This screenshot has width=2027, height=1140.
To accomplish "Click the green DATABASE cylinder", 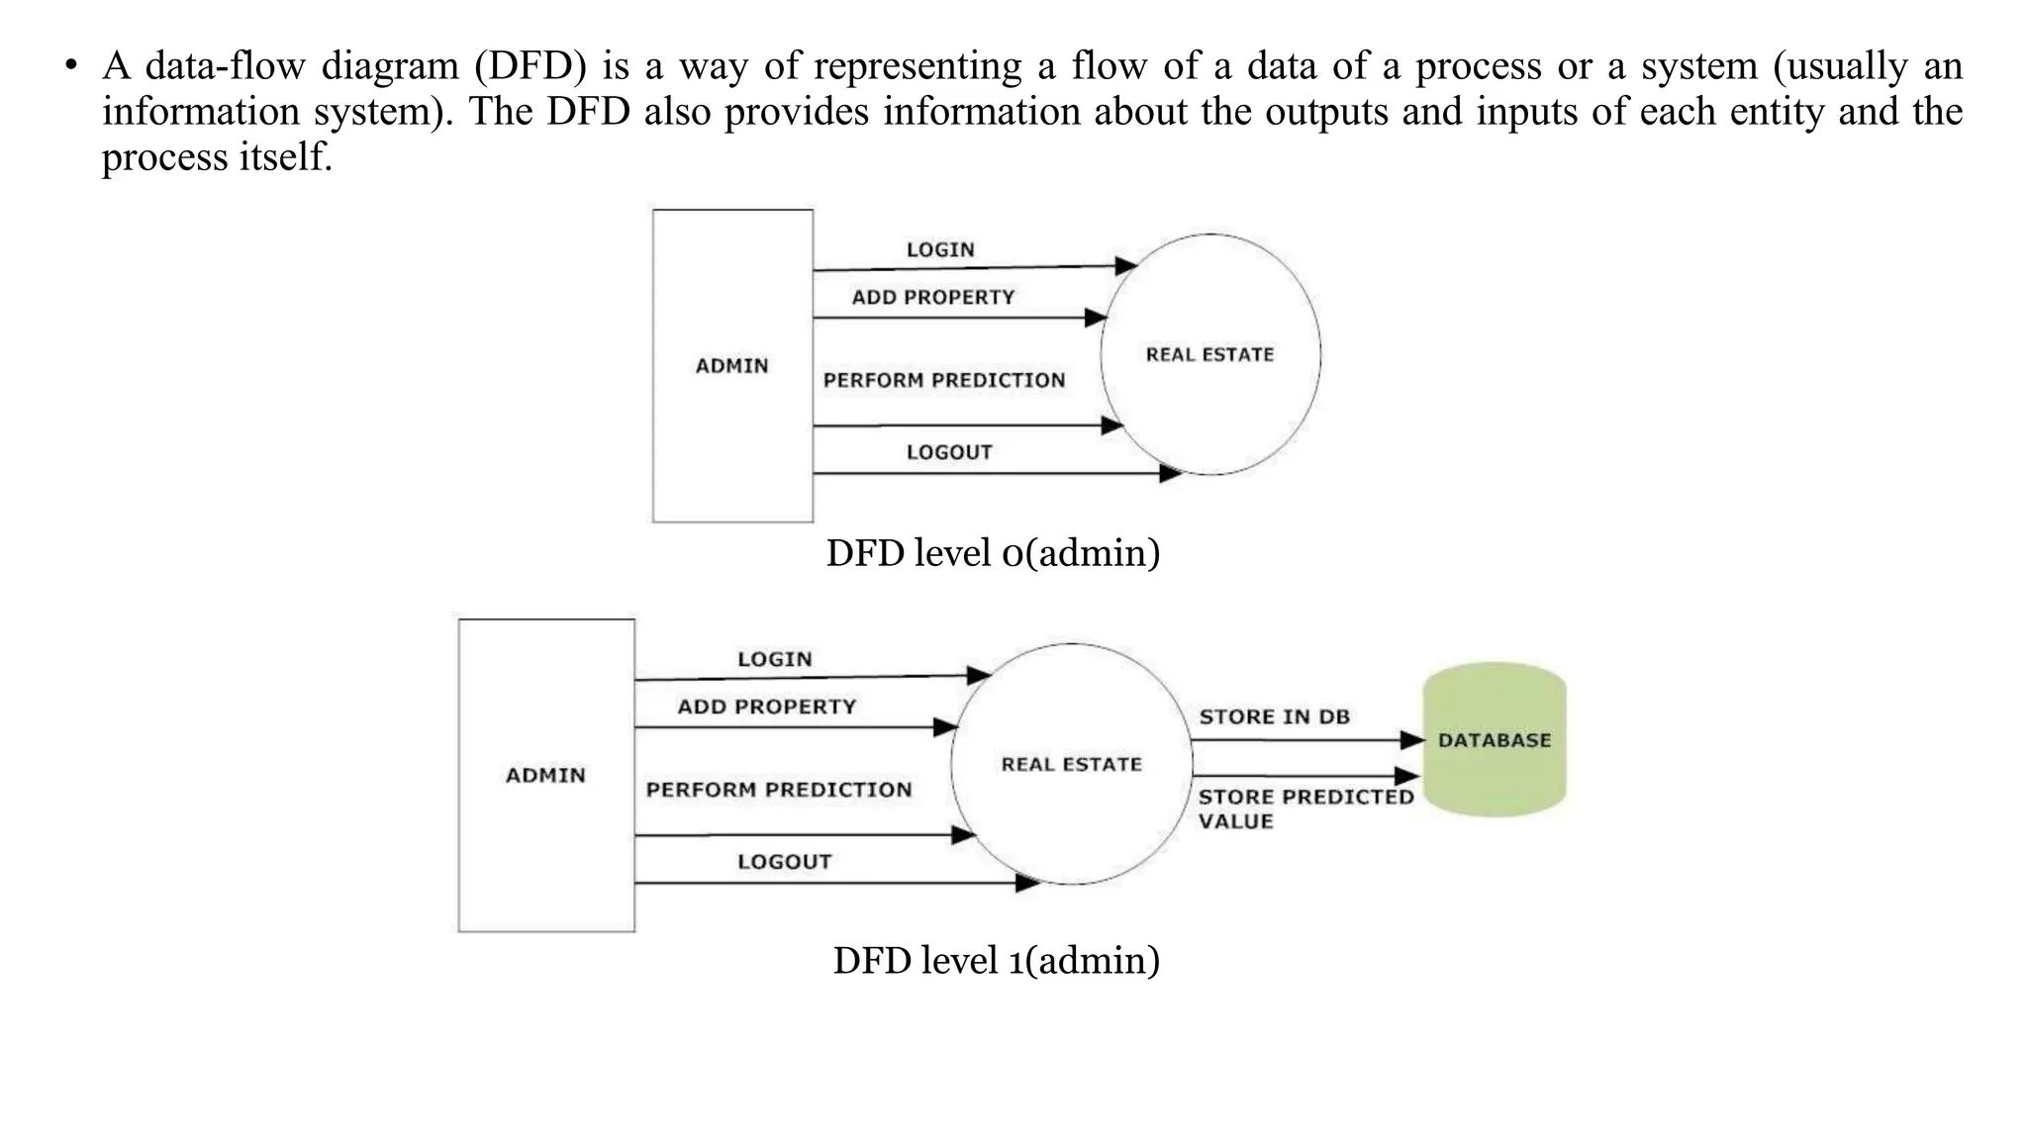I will [1494, 740].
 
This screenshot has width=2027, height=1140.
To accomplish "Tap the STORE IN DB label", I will [1274, 716].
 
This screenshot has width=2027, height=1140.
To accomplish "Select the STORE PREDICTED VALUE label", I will [1304, 808].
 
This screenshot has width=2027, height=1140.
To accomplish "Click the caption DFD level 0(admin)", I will [993, 552].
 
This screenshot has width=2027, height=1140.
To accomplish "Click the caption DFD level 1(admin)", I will [996, 960].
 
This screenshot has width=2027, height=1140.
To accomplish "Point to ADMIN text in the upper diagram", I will [731, 366].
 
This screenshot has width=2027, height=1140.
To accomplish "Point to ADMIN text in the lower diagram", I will [545, 776].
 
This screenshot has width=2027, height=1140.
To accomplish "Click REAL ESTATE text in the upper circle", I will [1209, 354].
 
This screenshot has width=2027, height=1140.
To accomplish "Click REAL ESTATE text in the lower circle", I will [1071, 764].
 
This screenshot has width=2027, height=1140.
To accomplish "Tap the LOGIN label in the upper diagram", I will [940, 250].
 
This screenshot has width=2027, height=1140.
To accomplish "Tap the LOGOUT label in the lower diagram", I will [784, 862].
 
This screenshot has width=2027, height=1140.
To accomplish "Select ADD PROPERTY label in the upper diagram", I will [933, 298].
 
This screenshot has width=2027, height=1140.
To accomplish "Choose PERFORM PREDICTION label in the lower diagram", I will [779, 790].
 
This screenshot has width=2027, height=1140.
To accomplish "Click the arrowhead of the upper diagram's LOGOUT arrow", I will [1171, 473].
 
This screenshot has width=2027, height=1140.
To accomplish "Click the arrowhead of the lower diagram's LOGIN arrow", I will [979, 676].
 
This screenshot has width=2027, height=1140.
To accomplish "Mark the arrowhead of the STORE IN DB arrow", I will [1412, 740].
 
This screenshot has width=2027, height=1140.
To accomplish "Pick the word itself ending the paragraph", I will [285, 156].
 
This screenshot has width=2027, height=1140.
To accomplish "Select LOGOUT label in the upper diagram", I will [948, 452].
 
